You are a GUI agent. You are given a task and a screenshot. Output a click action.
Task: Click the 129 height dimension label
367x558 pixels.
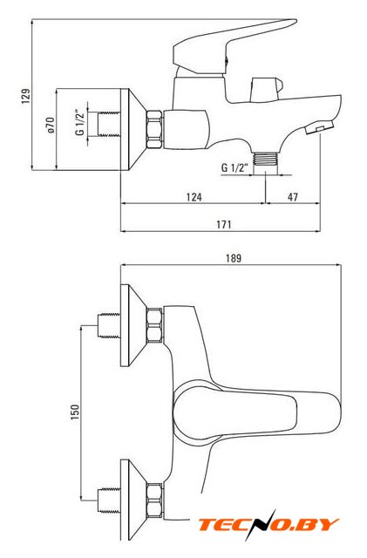pos(26,96)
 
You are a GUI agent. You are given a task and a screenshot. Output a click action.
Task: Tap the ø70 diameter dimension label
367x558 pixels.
pos(51,125)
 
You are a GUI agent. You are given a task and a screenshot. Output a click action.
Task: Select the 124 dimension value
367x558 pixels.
pos(194,197)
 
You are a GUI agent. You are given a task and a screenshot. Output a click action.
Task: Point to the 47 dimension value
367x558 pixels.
pos(293,197)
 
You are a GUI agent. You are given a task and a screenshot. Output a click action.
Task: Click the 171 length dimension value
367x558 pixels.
pos(224,225)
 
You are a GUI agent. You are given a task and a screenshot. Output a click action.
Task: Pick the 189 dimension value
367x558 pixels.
pos(234,258)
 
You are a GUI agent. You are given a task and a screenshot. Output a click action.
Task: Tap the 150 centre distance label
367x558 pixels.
pos(75,412)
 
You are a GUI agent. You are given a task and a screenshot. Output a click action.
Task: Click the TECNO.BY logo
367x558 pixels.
pos(268,525)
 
